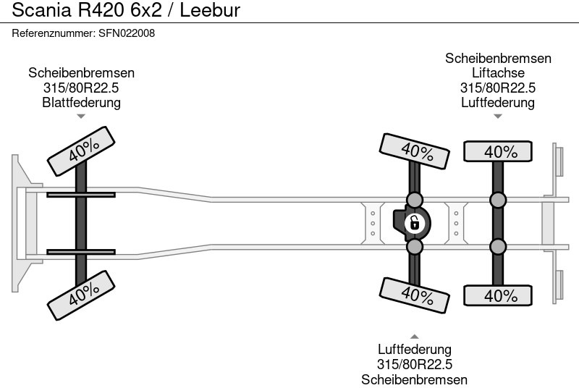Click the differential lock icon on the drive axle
414,222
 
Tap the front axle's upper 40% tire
84,151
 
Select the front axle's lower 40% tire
84,292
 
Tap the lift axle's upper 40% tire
498,151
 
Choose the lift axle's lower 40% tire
498,295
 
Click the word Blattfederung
81,103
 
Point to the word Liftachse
498,73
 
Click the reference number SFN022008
126,33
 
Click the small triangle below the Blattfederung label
81,116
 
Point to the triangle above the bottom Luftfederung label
415,336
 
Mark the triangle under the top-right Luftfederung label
498,116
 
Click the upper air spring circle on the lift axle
498,200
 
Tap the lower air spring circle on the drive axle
415,248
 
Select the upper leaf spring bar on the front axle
81,194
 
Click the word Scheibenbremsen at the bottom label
415,379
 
